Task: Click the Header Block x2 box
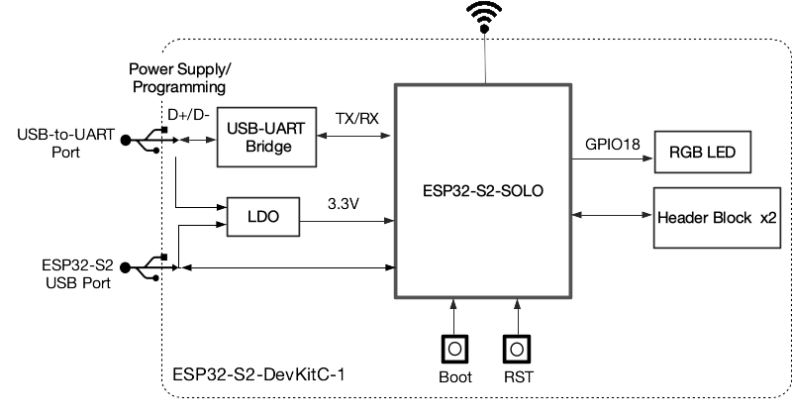(x=715, y=215)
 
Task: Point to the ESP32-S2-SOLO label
(x=485, y=187)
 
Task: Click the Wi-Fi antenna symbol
(x=485, y=17)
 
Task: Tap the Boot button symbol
(x=454, y=350)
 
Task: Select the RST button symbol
(x=516, y=350)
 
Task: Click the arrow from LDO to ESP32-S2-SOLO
(x=346, y=220)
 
